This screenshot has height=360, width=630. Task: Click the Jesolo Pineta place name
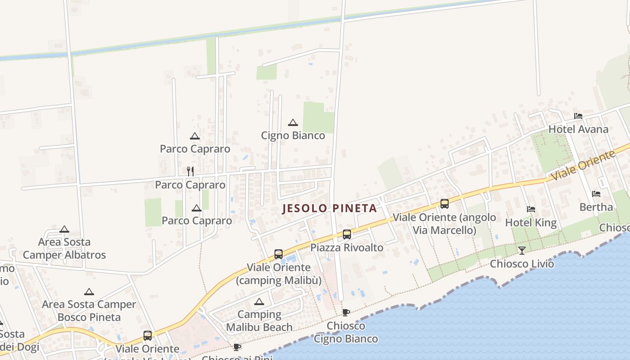point(329,208)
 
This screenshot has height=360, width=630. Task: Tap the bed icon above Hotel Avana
point(578,116)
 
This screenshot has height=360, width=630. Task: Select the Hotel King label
point(531,223)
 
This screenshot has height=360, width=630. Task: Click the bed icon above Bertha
point(596,194)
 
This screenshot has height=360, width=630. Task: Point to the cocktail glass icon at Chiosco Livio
point(522,250)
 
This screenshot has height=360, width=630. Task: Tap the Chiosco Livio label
point(522,264)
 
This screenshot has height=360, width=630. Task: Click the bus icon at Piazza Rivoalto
point(346,234)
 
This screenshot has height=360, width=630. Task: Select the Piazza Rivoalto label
point(347,247)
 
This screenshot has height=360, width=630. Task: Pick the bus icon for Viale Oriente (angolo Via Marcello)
point(445,204)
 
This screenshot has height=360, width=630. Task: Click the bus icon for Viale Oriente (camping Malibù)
point(279,254)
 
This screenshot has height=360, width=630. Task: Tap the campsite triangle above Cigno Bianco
point(293,122)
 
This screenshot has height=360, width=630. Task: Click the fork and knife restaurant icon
point(190,171)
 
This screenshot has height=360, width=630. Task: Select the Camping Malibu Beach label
point(259,321)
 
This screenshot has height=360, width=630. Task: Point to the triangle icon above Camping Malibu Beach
point(259,301)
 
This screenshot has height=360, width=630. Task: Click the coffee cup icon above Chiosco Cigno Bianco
point(346,312)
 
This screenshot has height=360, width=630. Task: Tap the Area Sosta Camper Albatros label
point(64,248)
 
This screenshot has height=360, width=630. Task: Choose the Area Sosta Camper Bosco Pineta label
point(89,311)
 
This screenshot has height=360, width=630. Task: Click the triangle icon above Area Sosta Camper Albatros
point(64,229)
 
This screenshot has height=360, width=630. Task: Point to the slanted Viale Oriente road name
point(583,166)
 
